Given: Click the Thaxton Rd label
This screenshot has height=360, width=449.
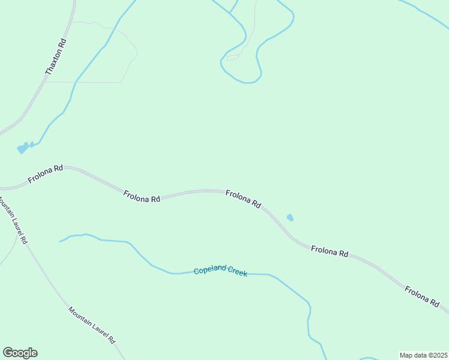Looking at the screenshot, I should tap(56, 56).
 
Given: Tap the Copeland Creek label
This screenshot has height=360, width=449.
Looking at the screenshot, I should tap(220, 271).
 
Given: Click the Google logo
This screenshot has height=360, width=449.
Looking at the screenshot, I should tap(20, 353).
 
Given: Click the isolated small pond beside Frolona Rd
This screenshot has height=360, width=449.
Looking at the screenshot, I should tap(291, 217).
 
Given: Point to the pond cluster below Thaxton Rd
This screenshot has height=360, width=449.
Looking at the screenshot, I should tap(23, 148).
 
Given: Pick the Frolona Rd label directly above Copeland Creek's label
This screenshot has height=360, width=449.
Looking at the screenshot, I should tap(243, 199).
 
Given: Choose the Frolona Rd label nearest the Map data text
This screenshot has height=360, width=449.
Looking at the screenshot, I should tap(422, 297).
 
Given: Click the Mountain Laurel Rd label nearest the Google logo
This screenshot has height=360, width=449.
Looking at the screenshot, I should tap(91, 326).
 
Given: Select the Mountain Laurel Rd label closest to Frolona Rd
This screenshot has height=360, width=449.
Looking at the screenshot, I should tap(13, 220).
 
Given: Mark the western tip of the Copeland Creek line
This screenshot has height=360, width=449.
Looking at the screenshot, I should tap(60, 242).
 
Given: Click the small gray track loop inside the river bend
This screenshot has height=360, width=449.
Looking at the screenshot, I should tap(233, 58).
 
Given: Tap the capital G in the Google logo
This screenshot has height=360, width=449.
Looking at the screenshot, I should tap(8, 352).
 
